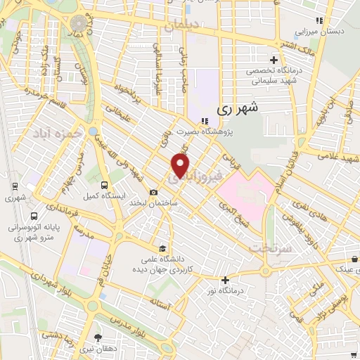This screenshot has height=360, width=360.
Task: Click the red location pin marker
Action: pos(181,165)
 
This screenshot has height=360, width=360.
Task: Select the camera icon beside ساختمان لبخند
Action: pos(154,193)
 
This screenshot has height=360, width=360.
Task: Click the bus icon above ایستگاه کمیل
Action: pos(104,185)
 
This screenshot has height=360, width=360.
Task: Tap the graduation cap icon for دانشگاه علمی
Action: pos(163,248)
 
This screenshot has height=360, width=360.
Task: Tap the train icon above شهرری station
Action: pos(14,188)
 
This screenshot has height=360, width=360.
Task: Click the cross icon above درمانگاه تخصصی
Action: pos(274,59)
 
